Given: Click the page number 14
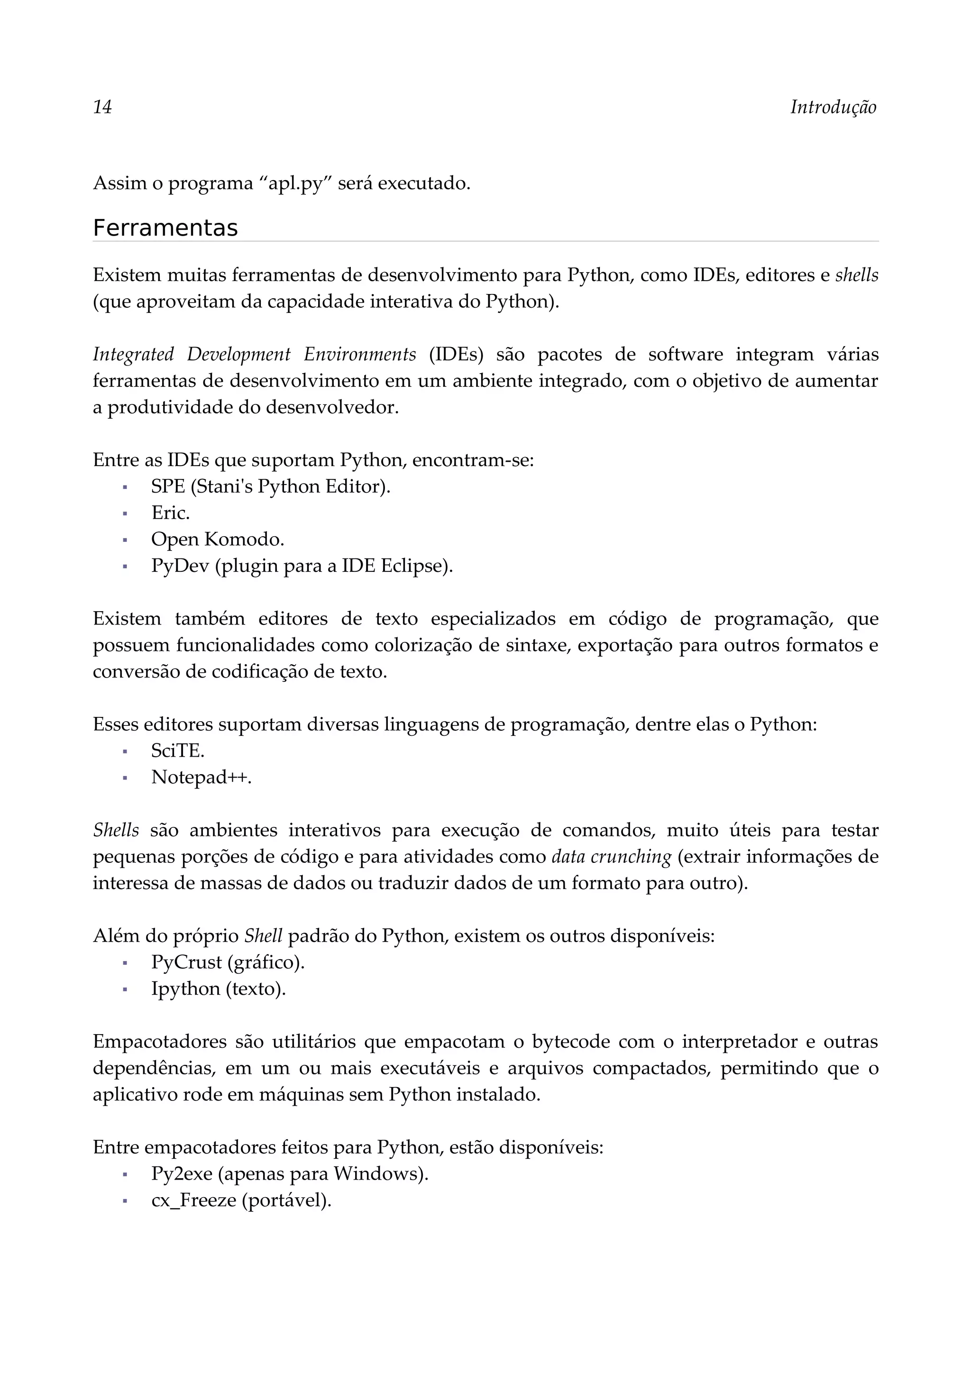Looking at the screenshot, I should click(x=102, y=107).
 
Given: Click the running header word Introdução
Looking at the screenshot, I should click(x=833, y=107).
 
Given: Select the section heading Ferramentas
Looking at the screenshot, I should click(x=165, y=228).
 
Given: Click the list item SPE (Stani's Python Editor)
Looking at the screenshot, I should click(x=270, y=486).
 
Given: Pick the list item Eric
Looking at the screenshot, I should click(x=171, y=513).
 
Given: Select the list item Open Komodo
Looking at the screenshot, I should click(x=217, y=539).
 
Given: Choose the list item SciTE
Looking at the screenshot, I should click(x=178, y=751).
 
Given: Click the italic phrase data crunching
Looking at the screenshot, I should click(x=612, y=856).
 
